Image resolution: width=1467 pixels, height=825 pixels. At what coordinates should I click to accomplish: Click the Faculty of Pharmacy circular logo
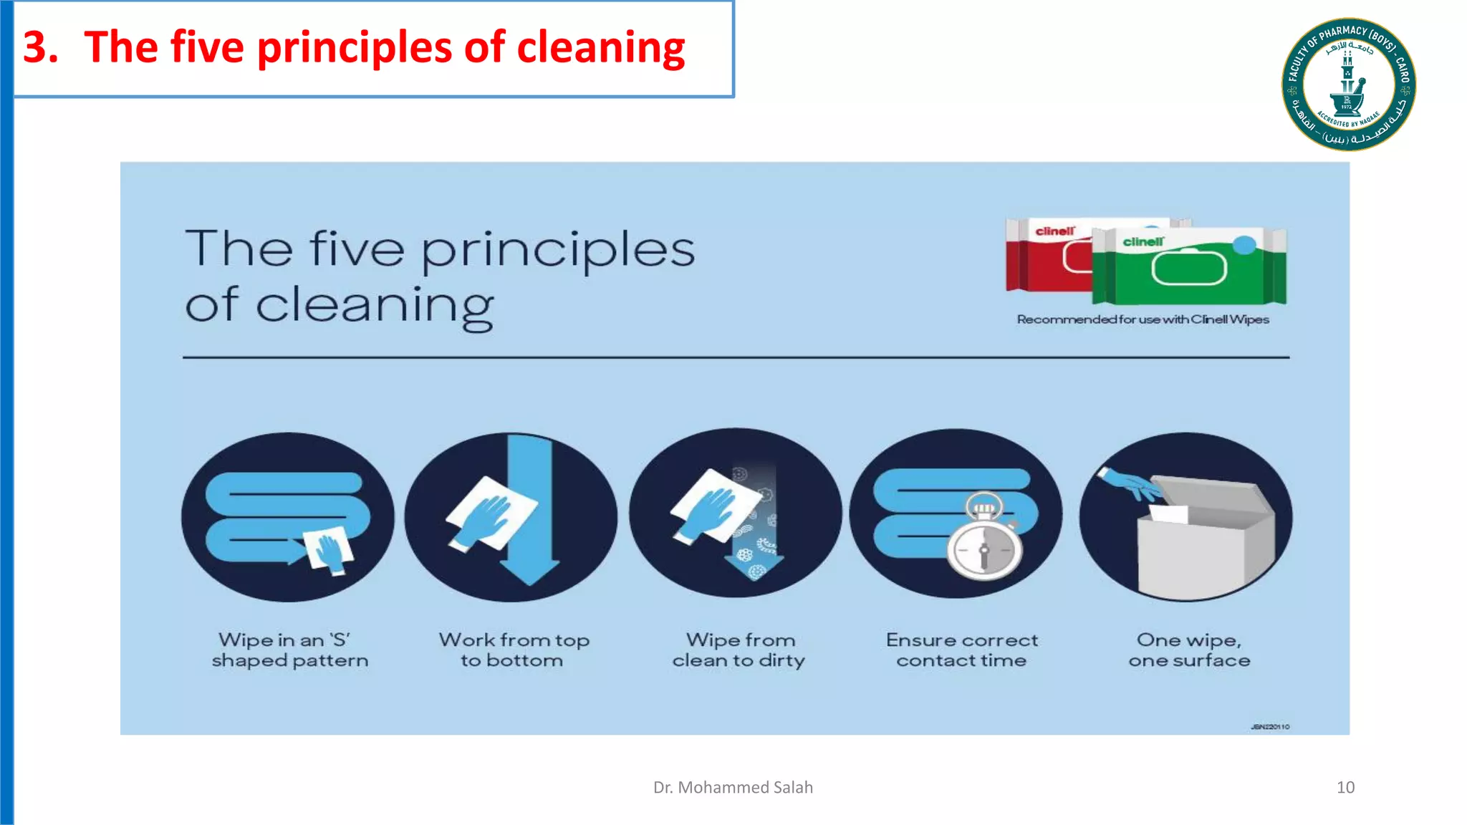pos(1348,84)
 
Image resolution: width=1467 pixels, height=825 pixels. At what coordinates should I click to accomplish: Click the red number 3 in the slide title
pos(40,47)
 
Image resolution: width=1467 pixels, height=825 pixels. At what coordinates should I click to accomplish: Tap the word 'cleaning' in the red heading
pos(600,47)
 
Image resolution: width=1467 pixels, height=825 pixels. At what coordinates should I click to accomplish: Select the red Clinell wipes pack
pos(1046,258)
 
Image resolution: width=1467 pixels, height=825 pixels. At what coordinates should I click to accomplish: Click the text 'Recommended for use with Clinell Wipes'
pos(1143,319)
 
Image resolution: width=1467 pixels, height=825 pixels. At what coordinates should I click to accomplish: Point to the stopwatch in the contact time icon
pos(984,546)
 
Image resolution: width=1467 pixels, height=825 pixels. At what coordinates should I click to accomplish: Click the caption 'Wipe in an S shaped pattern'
pos(289,650)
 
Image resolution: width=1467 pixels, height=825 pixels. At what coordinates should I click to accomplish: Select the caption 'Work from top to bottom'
pos(514,650)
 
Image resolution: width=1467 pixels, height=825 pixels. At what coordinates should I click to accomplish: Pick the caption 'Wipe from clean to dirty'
pos(739,650)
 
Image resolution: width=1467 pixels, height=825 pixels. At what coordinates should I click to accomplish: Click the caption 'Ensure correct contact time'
pos(961,650)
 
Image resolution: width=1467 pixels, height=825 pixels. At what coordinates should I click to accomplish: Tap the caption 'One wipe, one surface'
pos(1189,650)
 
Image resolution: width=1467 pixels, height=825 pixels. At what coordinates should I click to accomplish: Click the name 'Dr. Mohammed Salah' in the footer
pos(733,787)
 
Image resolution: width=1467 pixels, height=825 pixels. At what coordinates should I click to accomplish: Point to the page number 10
pos(1345,787)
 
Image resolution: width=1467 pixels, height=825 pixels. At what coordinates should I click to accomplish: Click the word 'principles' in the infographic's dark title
pos(557,251)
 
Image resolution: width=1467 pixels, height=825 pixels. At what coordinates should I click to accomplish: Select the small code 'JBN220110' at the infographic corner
pos(1270,727)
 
